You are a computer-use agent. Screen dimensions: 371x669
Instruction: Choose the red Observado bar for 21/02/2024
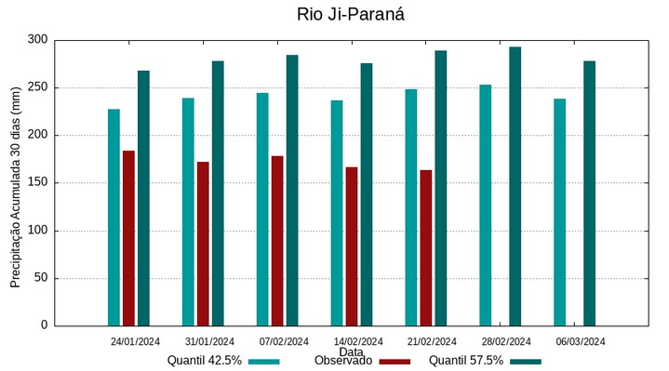(426, 248)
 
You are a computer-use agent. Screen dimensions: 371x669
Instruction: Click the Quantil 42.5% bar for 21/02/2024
(411, 207)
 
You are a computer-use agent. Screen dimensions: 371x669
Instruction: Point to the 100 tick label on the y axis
(38, 231)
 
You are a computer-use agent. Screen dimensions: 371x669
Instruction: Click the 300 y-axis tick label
(38, 40)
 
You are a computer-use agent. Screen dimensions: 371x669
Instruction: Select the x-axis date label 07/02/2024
(284, 341)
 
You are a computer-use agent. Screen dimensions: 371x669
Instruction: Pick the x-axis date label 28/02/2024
(507, 341)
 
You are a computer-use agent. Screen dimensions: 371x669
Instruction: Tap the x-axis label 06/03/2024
(582, 341)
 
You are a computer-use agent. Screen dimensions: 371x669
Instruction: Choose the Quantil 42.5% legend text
(205, 361)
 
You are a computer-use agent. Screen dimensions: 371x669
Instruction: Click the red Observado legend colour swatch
(395, 361)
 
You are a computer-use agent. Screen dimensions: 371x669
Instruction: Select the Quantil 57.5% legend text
(466, 361)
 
